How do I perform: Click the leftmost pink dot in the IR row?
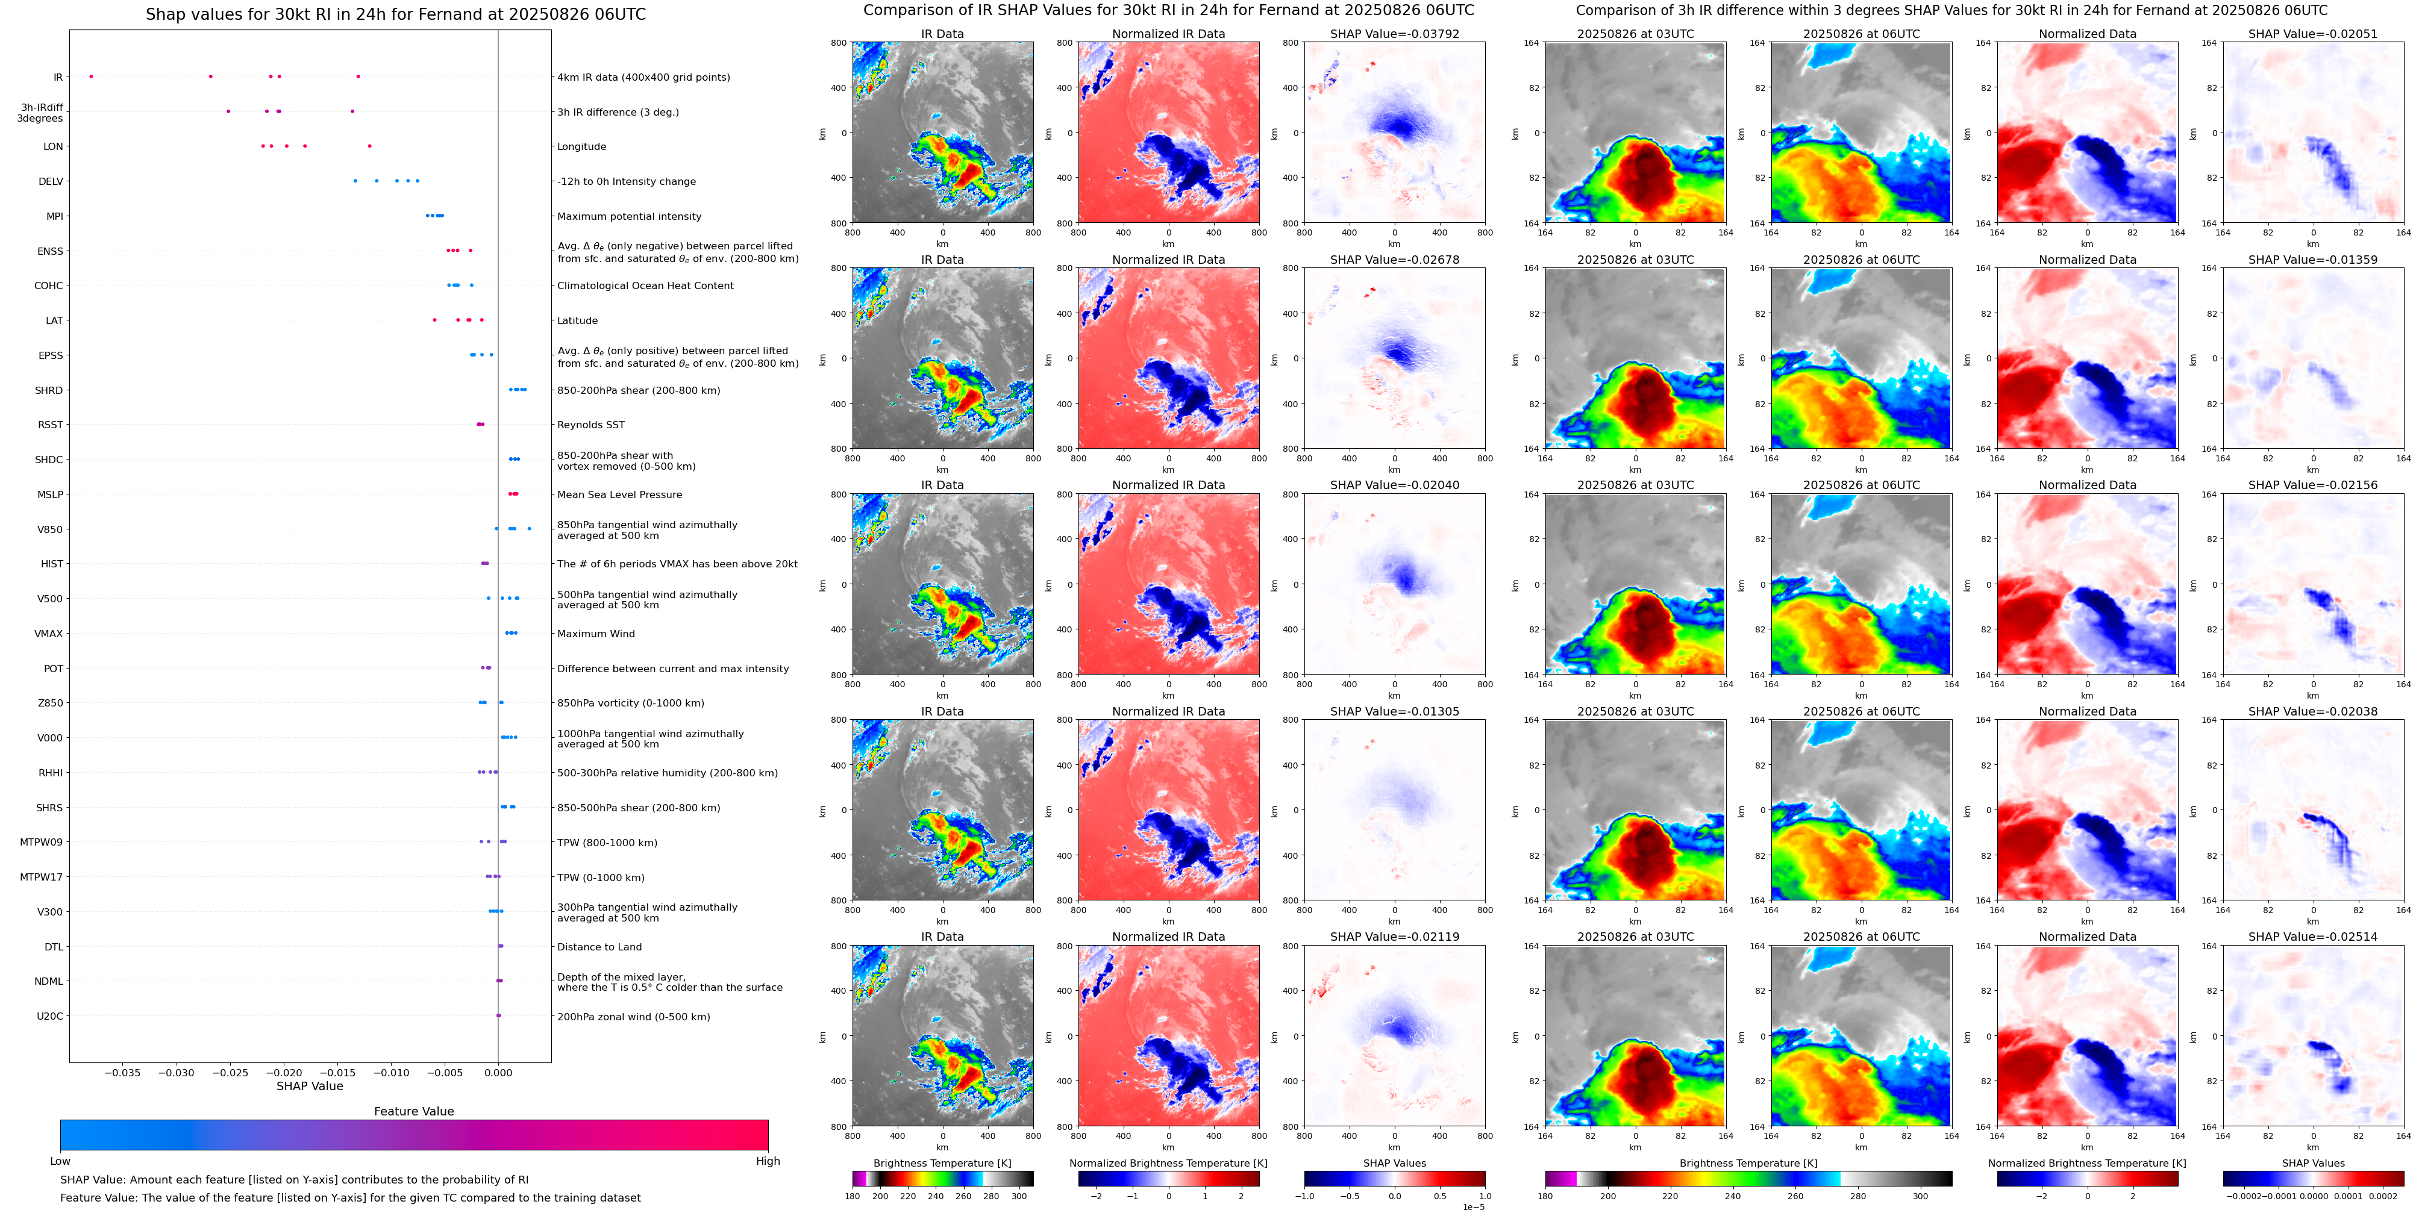91,76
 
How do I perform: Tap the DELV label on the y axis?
51,181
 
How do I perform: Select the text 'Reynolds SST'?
590,425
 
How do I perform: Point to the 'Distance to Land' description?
599,947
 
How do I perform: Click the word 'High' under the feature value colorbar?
767,1161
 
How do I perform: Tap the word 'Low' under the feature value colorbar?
60,1161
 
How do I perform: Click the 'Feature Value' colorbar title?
413,1111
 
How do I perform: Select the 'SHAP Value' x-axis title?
309,1086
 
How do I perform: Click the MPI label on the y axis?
54,216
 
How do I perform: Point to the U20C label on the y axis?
50,1015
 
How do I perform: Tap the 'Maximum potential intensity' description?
629,217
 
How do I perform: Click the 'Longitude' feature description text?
581,146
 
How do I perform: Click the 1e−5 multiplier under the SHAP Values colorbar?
1473,1206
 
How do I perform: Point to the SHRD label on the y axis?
49,390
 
